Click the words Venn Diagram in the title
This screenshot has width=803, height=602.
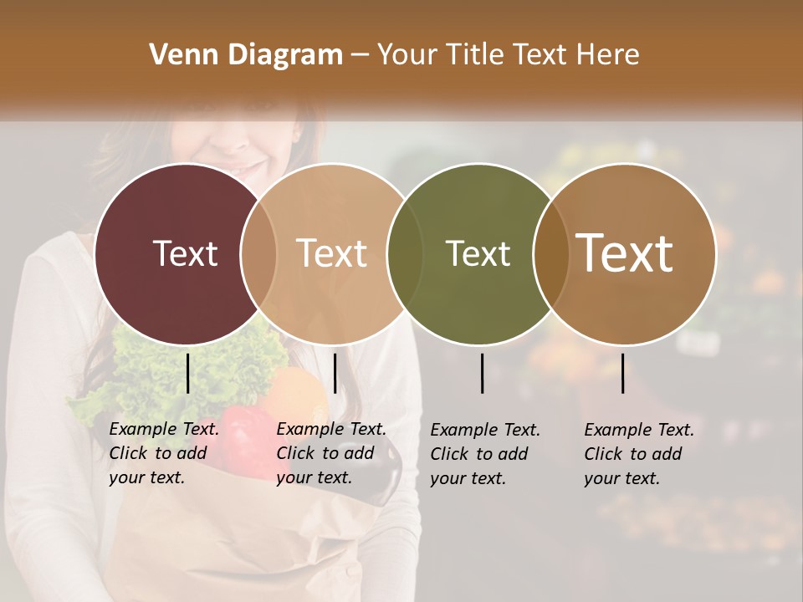pyautogui.click(x=246, y=55)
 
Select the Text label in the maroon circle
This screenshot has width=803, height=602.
pyautogui.click(x=185, y=253)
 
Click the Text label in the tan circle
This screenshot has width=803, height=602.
pyautogui.click(x=331, y=253)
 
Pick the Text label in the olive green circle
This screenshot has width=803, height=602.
pyautogui.click(x=478, y=253)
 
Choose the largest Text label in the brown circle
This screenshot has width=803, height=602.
pyautogui.click(x=624, y=253)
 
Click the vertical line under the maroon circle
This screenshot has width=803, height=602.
pyautogui.click(x=187, y=373)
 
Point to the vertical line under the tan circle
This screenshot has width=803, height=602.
pyautogui.click(x=335, y=373)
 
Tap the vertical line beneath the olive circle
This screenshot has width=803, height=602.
pyautogui.click(x=482, y=373)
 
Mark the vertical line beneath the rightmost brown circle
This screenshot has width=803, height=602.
pyautogui.click(x=622, y=373)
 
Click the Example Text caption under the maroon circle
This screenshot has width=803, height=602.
pyautogui.click(x=163, y=453)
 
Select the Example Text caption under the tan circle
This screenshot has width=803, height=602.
pyautogui.click(x=330, y=453)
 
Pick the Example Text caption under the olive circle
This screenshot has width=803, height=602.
pyautogui.click(x=484, y=454)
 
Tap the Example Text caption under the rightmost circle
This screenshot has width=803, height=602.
pyautogui.click(x=638, y=454)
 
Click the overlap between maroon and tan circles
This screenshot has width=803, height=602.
pyautogui.click(x=258, y=253)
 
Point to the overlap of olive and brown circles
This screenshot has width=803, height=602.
pyautogui.click(x=551, y=253)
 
